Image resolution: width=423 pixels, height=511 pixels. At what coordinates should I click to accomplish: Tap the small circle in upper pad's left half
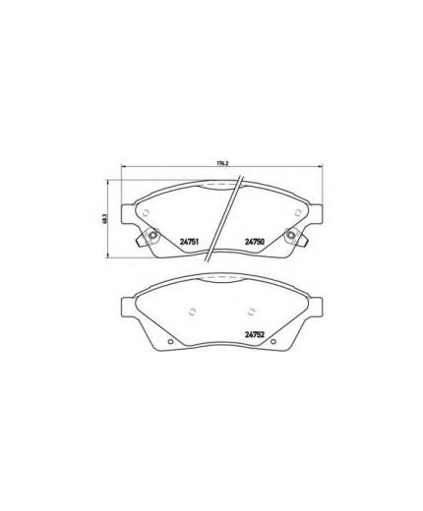(146, 217)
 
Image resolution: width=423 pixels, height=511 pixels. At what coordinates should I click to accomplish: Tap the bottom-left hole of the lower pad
(170, 342)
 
